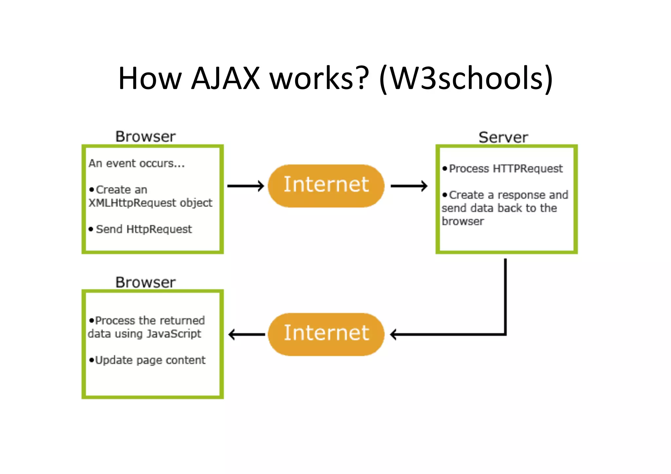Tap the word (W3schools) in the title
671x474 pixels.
[466, 79]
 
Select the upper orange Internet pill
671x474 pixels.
[326, 186]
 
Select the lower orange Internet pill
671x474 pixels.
[326, 334]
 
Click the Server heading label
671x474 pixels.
[503, 137]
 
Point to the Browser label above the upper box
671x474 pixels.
[145, 137]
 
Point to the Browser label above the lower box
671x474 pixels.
[145, 282]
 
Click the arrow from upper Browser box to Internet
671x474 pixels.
[245, 186]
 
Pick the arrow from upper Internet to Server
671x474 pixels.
[409, 186]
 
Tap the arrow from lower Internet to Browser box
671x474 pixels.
[246, 334]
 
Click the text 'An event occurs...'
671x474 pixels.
[137, 163]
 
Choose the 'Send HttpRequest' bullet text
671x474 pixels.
[144, 229]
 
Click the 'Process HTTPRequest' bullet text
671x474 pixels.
[506, 169]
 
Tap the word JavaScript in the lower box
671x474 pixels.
[174, 334]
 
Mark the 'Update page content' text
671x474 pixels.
[150, 360]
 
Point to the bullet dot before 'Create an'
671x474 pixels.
[91, 190]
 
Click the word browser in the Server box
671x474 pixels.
[463, 221]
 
